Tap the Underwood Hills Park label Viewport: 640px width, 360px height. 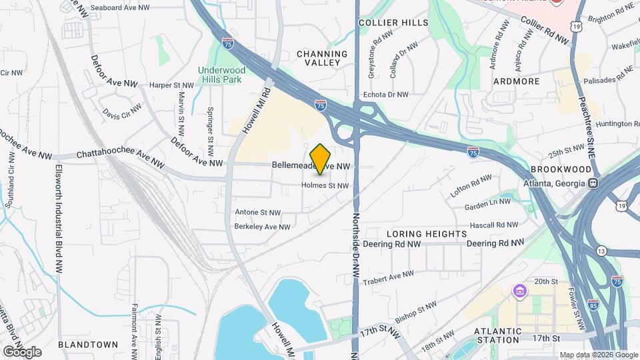pos(221,75)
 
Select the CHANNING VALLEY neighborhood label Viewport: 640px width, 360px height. pos(322,58)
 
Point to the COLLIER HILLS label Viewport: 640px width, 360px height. pos(393,23)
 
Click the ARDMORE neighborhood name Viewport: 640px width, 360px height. pos(515,81)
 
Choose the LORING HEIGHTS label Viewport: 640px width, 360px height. pos(427,234)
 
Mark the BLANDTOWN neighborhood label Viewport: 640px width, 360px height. pos(88,345)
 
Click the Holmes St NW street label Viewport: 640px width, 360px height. pos(325,185)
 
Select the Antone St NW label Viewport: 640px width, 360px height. pos(258,213)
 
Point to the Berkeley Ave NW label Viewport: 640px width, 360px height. pos(262,227)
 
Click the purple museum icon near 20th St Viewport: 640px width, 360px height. pos(520,291)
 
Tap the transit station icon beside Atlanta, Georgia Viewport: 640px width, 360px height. pos(592,183)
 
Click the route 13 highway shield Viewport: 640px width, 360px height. pos(602,251)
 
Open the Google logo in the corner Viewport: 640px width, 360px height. pos(22,351)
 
